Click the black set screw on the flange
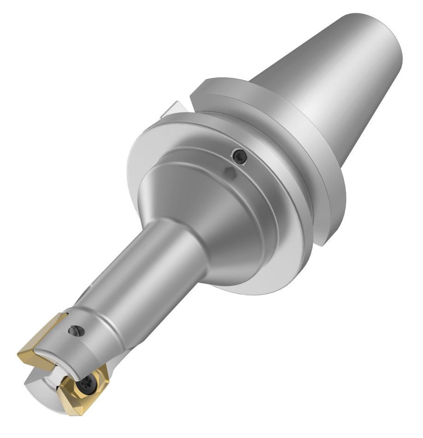[x=240, y=157]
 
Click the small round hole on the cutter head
[x=76, y=330]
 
